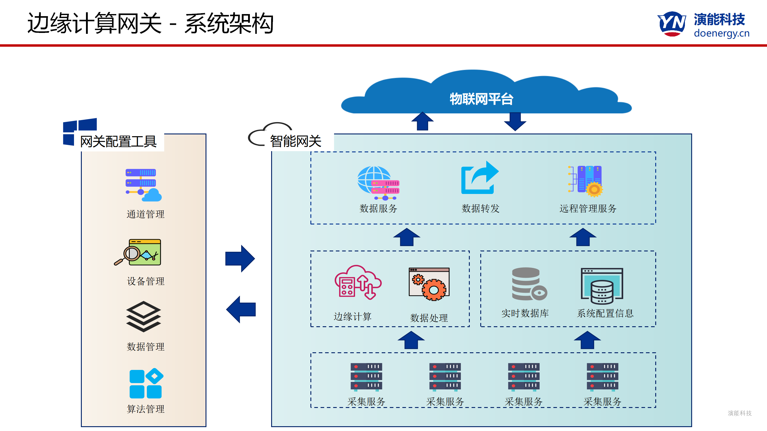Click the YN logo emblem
point(672,23)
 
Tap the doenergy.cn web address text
point(721,33)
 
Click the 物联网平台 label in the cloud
point(481,99)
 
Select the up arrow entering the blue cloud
point(422,121)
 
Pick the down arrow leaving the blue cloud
point(515,121)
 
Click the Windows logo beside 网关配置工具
point(79,132)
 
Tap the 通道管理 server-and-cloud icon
point(143,185)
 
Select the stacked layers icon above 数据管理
point(144,316)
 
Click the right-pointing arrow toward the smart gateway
point(240,259)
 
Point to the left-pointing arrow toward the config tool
point(241,309)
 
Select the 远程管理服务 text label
point(588,209)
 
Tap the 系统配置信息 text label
point(605,313)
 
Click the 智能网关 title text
point(295,141)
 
